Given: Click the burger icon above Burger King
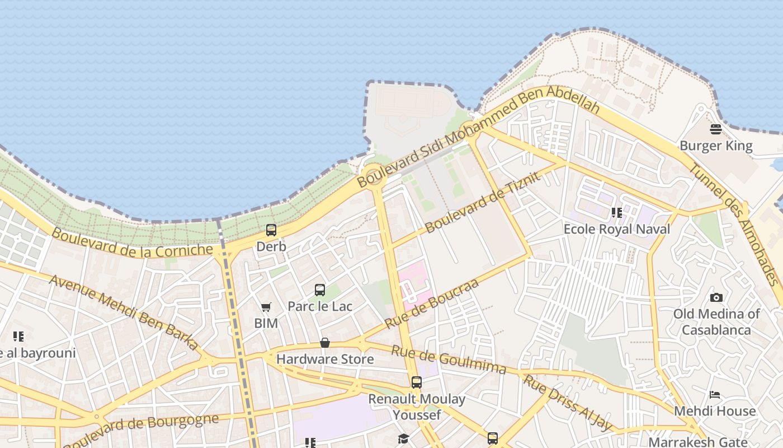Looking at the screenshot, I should pyautogui.click(x=715, y=129).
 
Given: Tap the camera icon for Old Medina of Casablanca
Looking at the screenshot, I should pyautogui.click(x=716, y=297).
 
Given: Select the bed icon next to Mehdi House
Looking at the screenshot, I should pyautogui.click(x=715, y=395).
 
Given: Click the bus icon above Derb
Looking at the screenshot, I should pyautogui.click(x=271, y=230).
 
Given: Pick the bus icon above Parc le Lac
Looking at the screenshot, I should pyautogui.click(x=320, y=290).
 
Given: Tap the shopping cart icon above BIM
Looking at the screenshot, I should pyautogui.click(x=266, y=307).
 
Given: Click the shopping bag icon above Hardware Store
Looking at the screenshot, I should pyautogui.click(x=325, y=342).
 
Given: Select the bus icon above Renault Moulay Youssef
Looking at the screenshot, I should pyautogui.click(x=417, y=382).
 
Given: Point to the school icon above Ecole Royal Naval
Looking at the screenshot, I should pyautogui.click(x=617, y=213).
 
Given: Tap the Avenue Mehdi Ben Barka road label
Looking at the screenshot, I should pyautogui.click(x=124, y=311).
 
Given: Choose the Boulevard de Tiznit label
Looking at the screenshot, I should pyautogui.click(x=483, y=202).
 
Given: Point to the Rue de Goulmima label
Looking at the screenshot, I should pyautogui.click(x=449, y=360).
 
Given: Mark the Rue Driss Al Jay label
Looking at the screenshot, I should pyautogui.click(x=568, y=402).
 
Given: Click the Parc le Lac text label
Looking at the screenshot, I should pyautogui.click(x=320, y=306).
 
